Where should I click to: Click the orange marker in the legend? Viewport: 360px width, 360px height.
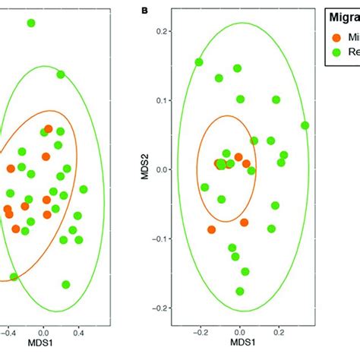coord(336,36)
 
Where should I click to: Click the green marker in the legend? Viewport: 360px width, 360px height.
coord(336,52)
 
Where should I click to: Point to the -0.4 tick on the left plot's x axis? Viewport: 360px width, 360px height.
coord(8,332)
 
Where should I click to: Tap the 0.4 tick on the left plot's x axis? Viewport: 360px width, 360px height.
coord(78,332)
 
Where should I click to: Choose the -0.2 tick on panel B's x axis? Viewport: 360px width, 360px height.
coord(200,332)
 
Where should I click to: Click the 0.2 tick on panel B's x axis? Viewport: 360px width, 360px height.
coord(279,332)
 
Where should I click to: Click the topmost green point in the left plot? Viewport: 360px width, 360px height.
coord(31,24)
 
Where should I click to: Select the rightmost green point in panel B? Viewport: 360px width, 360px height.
coord(305,125)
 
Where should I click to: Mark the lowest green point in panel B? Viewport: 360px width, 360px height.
coord(240,291)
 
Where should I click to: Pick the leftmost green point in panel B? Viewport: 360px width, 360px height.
coord(199,62)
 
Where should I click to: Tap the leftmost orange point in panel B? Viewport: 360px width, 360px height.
coord(211,229)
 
